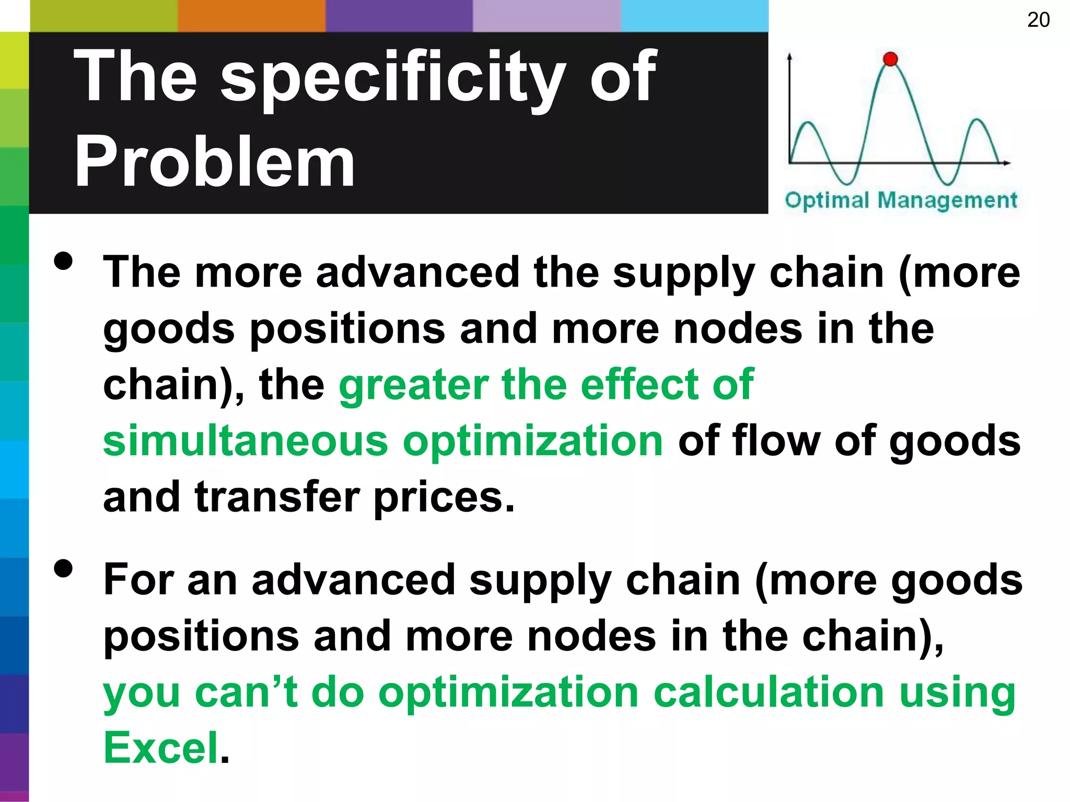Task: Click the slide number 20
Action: coord(1038,20)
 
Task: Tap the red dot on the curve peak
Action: coord(890,59)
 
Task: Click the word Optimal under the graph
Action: coord(827,200)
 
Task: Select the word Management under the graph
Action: coord(947,200)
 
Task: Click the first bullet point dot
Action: coord(63,261)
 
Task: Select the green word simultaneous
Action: coord(246,441)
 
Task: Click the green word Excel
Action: coord(161,748)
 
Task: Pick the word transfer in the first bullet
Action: coord(277,497)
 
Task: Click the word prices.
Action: coord(444,498)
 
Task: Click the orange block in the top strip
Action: coord(251,16)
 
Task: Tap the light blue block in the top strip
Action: coord(694,16)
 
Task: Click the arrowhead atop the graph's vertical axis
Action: coord(789,55)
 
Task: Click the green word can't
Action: coord(246,692)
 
